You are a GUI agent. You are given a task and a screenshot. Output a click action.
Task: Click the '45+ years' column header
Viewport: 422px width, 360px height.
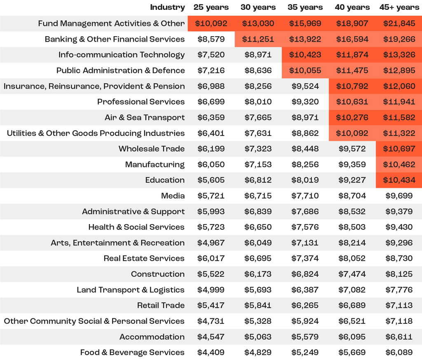399,7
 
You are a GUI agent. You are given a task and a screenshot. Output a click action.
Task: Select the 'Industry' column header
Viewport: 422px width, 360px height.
167,7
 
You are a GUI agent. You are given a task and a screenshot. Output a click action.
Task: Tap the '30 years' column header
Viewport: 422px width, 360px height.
258,7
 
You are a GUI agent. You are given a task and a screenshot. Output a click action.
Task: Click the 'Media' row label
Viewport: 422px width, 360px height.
173,196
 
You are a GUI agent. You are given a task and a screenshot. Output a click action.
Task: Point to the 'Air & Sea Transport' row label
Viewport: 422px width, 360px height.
145,117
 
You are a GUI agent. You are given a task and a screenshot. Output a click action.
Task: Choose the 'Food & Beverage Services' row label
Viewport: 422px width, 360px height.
132,352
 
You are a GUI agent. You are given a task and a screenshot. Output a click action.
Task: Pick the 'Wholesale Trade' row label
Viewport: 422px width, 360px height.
152,149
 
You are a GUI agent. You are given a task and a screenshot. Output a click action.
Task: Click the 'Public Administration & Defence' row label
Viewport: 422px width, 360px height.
121,70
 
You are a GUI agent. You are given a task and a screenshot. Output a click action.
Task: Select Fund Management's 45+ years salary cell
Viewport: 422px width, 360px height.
399,23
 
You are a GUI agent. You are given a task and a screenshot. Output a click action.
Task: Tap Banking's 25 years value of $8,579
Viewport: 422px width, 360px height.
211,39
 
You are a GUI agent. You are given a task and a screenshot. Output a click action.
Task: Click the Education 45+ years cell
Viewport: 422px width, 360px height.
399,180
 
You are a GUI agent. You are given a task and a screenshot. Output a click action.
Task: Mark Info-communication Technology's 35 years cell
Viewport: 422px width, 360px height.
305,55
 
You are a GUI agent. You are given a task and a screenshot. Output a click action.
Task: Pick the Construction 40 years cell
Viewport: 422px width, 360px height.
352,274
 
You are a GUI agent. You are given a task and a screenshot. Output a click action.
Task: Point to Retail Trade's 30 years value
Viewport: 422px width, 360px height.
258,305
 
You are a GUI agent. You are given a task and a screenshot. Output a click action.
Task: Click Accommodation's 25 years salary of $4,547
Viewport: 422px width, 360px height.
211,337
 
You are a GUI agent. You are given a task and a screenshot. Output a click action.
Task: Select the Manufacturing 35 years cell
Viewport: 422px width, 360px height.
305,164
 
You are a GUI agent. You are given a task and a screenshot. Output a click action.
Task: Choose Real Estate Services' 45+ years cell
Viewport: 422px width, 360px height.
399,258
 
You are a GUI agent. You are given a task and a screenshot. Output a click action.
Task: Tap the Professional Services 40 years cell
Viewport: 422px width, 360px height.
352,102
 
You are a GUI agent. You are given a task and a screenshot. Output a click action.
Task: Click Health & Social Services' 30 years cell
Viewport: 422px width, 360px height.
258,227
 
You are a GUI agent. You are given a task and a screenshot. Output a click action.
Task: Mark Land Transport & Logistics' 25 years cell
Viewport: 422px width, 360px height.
211,290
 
